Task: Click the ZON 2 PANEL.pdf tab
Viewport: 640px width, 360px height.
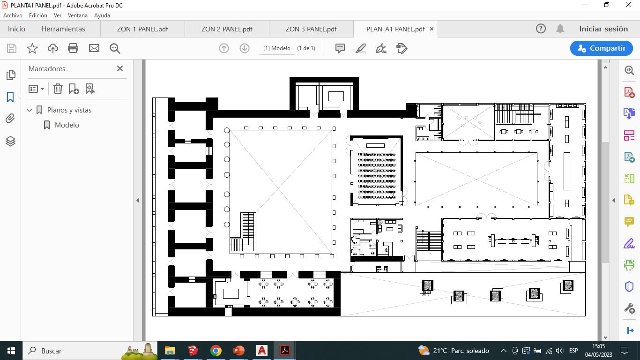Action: coord(227,29)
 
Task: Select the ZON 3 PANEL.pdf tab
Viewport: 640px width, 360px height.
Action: coord(311,29)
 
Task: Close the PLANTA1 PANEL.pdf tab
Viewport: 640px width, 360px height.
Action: coord(432,29)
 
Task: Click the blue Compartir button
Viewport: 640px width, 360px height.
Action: coord(602,48)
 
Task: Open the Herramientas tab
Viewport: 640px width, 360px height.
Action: coord(63,29)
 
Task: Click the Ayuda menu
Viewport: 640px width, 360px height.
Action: coord(102,15)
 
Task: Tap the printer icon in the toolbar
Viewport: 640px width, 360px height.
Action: coord(73,48)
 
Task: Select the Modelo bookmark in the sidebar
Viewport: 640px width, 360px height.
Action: coord(67,125)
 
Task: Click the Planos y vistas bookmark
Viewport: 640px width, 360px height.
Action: coord(69,110)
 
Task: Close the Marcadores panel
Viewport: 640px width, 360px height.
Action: coord(120,68)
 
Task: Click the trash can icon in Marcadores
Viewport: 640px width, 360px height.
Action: coord(58,89)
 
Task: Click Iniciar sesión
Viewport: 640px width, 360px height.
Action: coord(603,29)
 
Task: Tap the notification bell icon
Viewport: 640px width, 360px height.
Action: coord(560,29)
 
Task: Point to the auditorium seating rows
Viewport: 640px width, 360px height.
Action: coord(377,176)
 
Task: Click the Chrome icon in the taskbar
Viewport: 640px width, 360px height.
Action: coord(216,351)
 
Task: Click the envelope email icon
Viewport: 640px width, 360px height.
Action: coord(94,48)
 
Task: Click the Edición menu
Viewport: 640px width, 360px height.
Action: coord(38,15)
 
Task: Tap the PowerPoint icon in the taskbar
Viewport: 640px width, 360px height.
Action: coord(238,351)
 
